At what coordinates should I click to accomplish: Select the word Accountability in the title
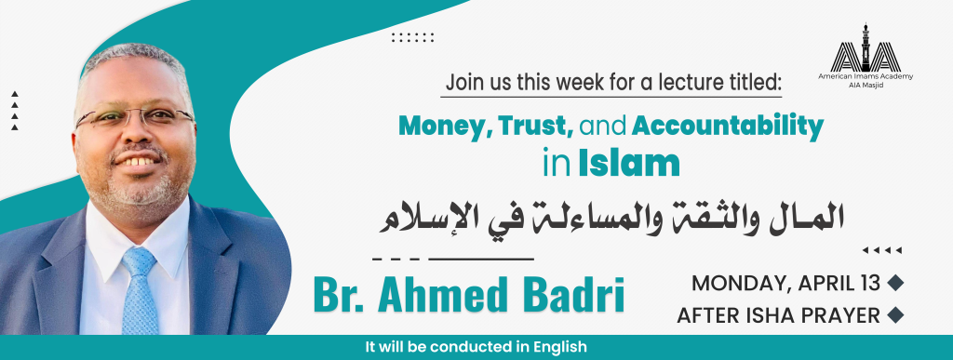[728, 127]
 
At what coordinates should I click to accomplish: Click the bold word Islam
[628, 164]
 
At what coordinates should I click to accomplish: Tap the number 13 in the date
[870, 283]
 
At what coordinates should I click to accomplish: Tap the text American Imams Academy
[866, 77]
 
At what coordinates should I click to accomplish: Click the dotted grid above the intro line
[412, 37]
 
